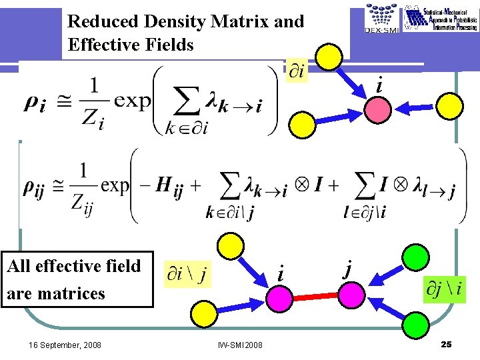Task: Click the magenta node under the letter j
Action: [349, 293]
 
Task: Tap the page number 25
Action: [447, 344]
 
